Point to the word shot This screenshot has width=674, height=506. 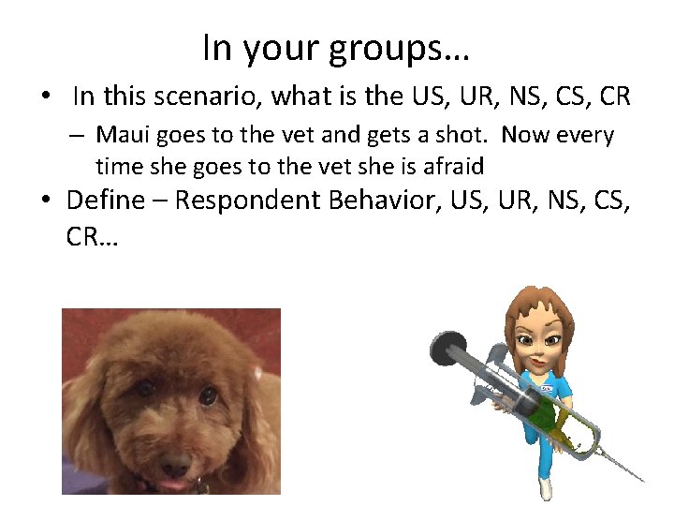pos(467,135)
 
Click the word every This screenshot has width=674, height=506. pos(584,135)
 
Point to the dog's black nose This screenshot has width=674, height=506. pos(172,465)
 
